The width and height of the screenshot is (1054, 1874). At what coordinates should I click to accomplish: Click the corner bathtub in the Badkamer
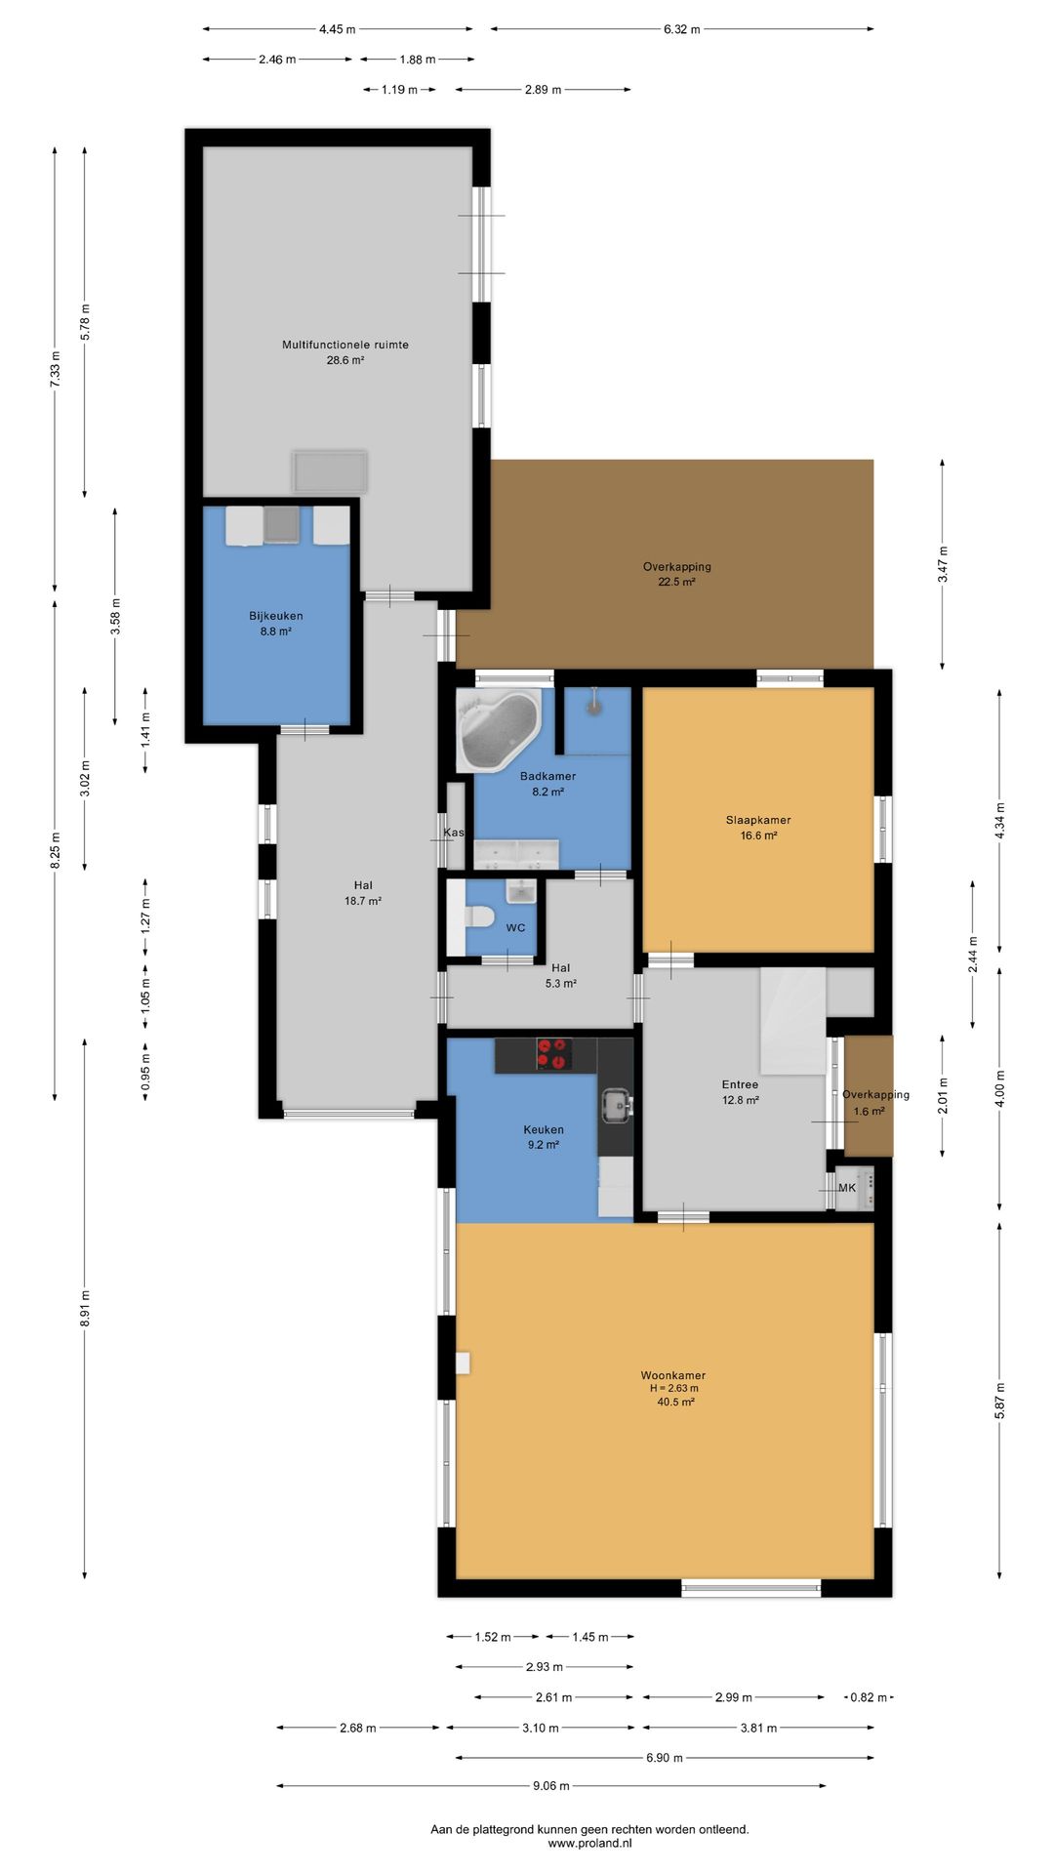coord(499,730)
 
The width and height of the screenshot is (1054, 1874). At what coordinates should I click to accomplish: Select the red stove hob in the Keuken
coord(551,1054)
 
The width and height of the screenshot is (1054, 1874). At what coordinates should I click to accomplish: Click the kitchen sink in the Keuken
coord(616,1105)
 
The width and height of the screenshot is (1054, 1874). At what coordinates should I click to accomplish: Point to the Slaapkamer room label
coord(758,820)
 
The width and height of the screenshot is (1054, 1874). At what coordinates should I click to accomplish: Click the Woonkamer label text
coord(673,1375)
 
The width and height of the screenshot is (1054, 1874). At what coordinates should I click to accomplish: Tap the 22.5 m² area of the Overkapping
coord(676,582)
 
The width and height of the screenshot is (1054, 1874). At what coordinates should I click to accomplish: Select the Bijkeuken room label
coord(276,616)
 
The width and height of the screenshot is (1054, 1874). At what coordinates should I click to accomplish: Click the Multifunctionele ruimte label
coord(345,345)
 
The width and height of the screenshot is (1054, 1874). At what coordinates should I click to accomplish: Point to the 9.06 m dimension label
coord(551,1785)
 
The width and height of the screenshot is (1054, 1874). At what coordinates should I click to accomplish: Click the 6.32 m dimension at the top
coord(682,29)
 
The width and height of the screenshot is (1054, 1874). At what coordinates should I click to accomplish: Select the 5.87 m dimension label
coord(999,1402)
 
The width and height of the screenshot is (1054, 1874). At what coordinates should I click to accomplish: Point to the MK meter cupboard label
coord(847,1188)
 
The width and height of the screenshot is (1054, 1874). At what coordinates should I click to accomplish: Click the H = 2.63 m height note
coord(674,1388)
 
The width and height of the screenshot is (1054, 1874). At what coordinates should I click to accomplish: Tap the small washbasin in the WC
coord(521,891)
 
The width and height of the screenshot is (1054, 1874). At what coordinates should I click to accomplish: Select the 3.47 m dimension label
coord(943,564)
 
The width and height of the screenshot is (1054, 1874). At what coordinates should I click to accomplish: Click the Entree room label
coord(740,1084)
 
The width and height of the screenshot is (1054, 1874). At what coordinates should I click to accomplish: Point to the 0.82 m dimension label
coord(869,1697)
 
